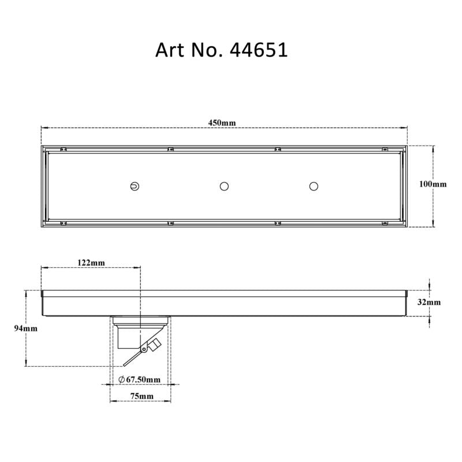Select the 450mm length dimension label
click(222, 123)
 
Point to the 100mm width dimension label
click(433, 184)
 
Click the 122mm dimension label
click(91, 263)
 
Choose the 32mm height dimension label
click(430, 302)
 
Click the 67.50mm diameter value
click(143, 379)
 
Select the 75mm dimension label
click(141, 396)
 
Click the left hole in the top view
click(134, 186)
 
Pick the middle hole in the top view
click(224, 186)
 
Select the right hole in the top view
click(314, 186)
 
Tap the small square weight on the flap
click(154, 345)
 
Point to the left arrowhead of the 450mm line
click(43, 128)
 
